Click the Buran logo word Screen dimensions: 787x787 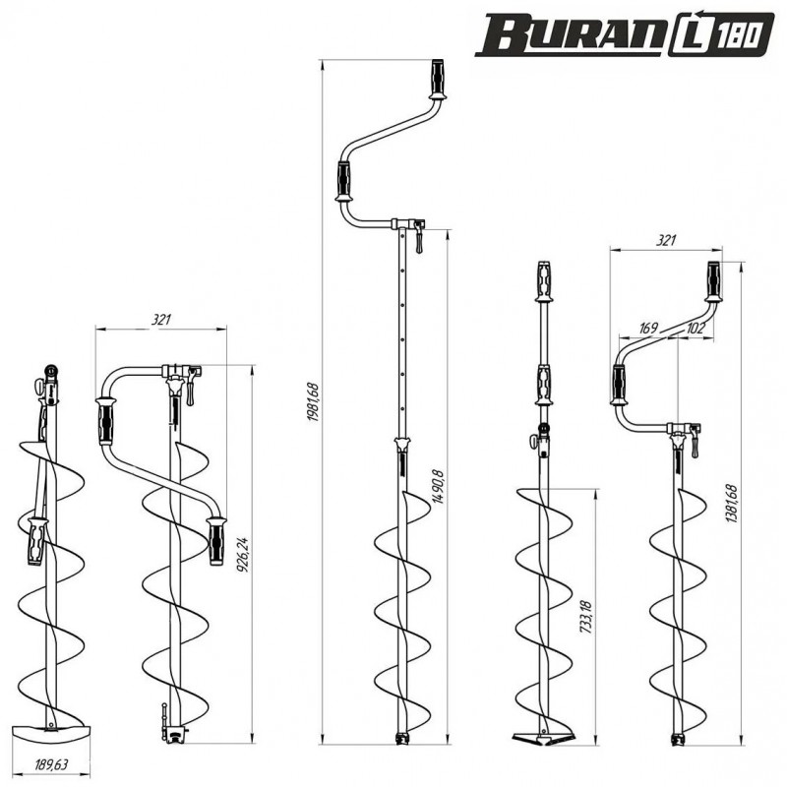(571, 34)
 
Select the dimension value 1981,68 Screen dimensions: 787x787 (313, 402)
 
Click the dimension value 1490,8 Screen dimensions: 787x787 (438, 487)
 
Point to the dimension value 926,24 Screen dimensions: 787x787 (243, 556)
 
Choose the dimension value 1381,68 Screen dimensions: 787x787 (731, 504)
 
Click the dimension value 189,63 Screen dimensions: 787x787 (51, 765)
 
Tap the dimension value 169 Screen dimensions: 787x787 (648, 329)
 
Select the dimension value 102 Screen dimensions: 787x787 (696, 329)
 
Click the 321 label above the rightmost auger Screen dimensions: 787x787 (666, 240)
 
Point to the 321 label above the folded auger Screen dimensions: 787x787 (161, 320)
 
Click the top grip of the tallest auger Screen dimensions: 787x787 (438, 80)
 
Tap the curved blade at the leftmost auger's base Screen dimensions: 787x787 (51, 734)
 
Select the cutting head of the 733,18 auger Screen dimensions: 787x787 (543, 737)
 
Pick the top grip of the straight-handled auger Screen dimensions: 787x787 (544, 281)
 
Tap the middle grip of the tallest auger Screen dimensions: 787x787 (343, 181)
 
